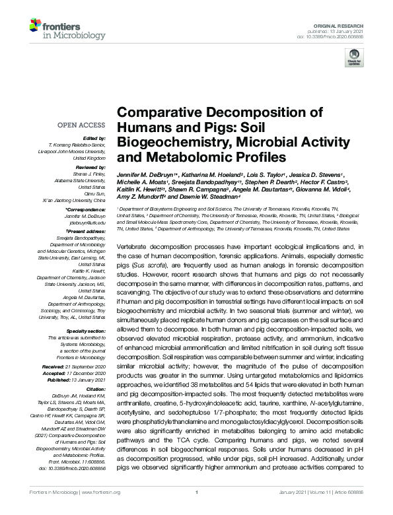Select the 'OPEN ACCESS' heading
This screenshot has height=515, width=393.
click(x=84, y=123)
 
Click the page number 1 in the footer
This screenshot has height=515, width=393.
click(x=197, y=504)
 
